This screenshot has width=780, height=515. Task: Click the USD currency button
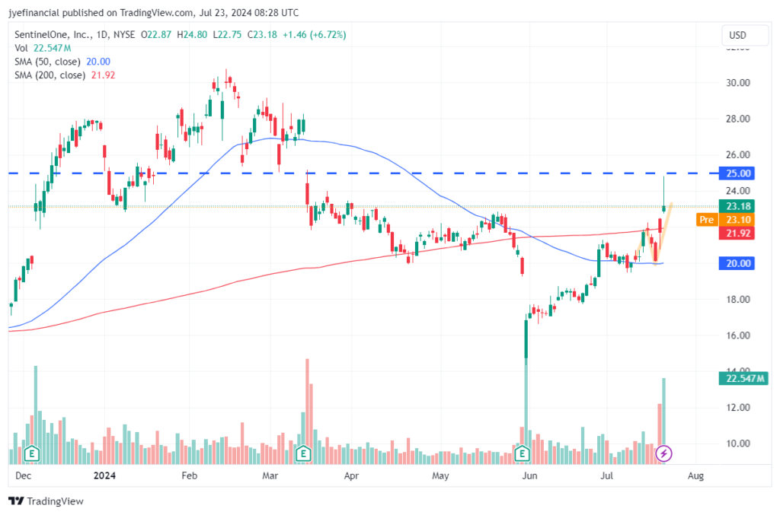click(x=737, y=35)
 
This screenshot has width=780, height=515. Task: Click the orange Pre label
click(x=705, y=220)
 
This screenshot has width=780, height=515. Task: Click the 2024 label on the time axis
click(x=104, y=477)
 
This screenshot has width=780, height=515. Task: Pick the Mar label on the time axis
click(x=270, y=477)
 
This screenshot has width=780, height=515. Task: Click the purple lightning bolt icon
click(x=663, y=454)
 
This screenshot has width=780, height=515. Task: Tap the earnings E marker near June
click(x=523, y=454)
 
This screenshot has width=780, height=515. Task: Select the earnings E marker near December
click(x=33, y=454)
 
